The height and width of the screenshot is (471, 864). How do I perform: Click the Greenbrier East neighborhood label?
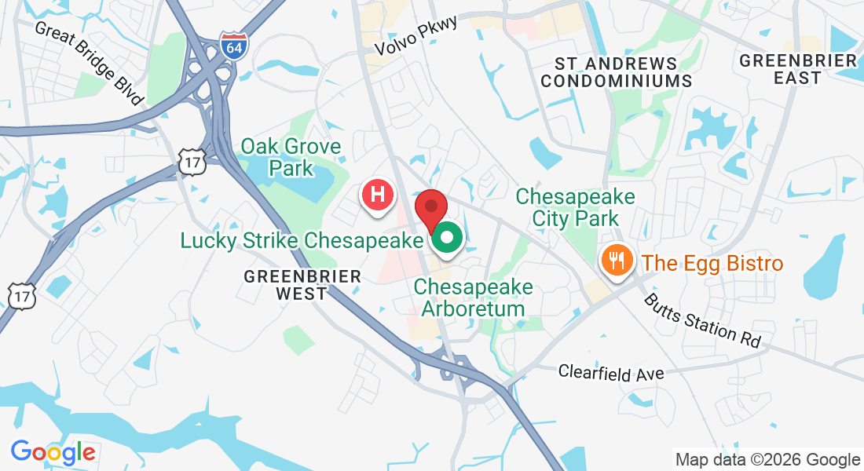coord(798,69)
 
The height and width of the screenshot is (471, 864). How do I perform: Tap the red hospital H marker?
coord(377,194)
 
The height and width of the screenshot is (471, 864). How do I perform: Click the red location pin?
coord(431,209)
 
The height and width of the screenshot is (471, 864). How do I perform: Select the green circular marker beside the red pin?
coord(448,239)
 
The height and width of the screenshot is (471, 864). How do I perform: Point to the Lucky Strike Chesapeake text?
coord(302,240)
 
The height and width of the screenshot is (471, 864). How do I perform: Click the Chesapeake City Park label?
coord(575,206)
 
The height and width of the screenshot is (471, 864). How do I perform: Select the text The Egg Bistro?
coord(712,263)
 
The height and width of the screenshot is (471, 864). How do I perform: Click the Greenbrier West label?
coord(302,285)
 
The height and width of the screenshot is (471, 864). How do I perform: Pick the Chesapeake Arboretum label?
coord(473,298)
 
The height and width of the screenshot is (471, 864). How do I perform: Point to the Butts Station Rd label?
coord(702,321)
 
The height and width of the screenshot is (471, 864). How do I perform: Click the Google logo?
coord(53,452)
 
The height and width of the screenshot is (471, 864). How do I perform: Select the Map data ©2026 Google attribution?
coord(768,460)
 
